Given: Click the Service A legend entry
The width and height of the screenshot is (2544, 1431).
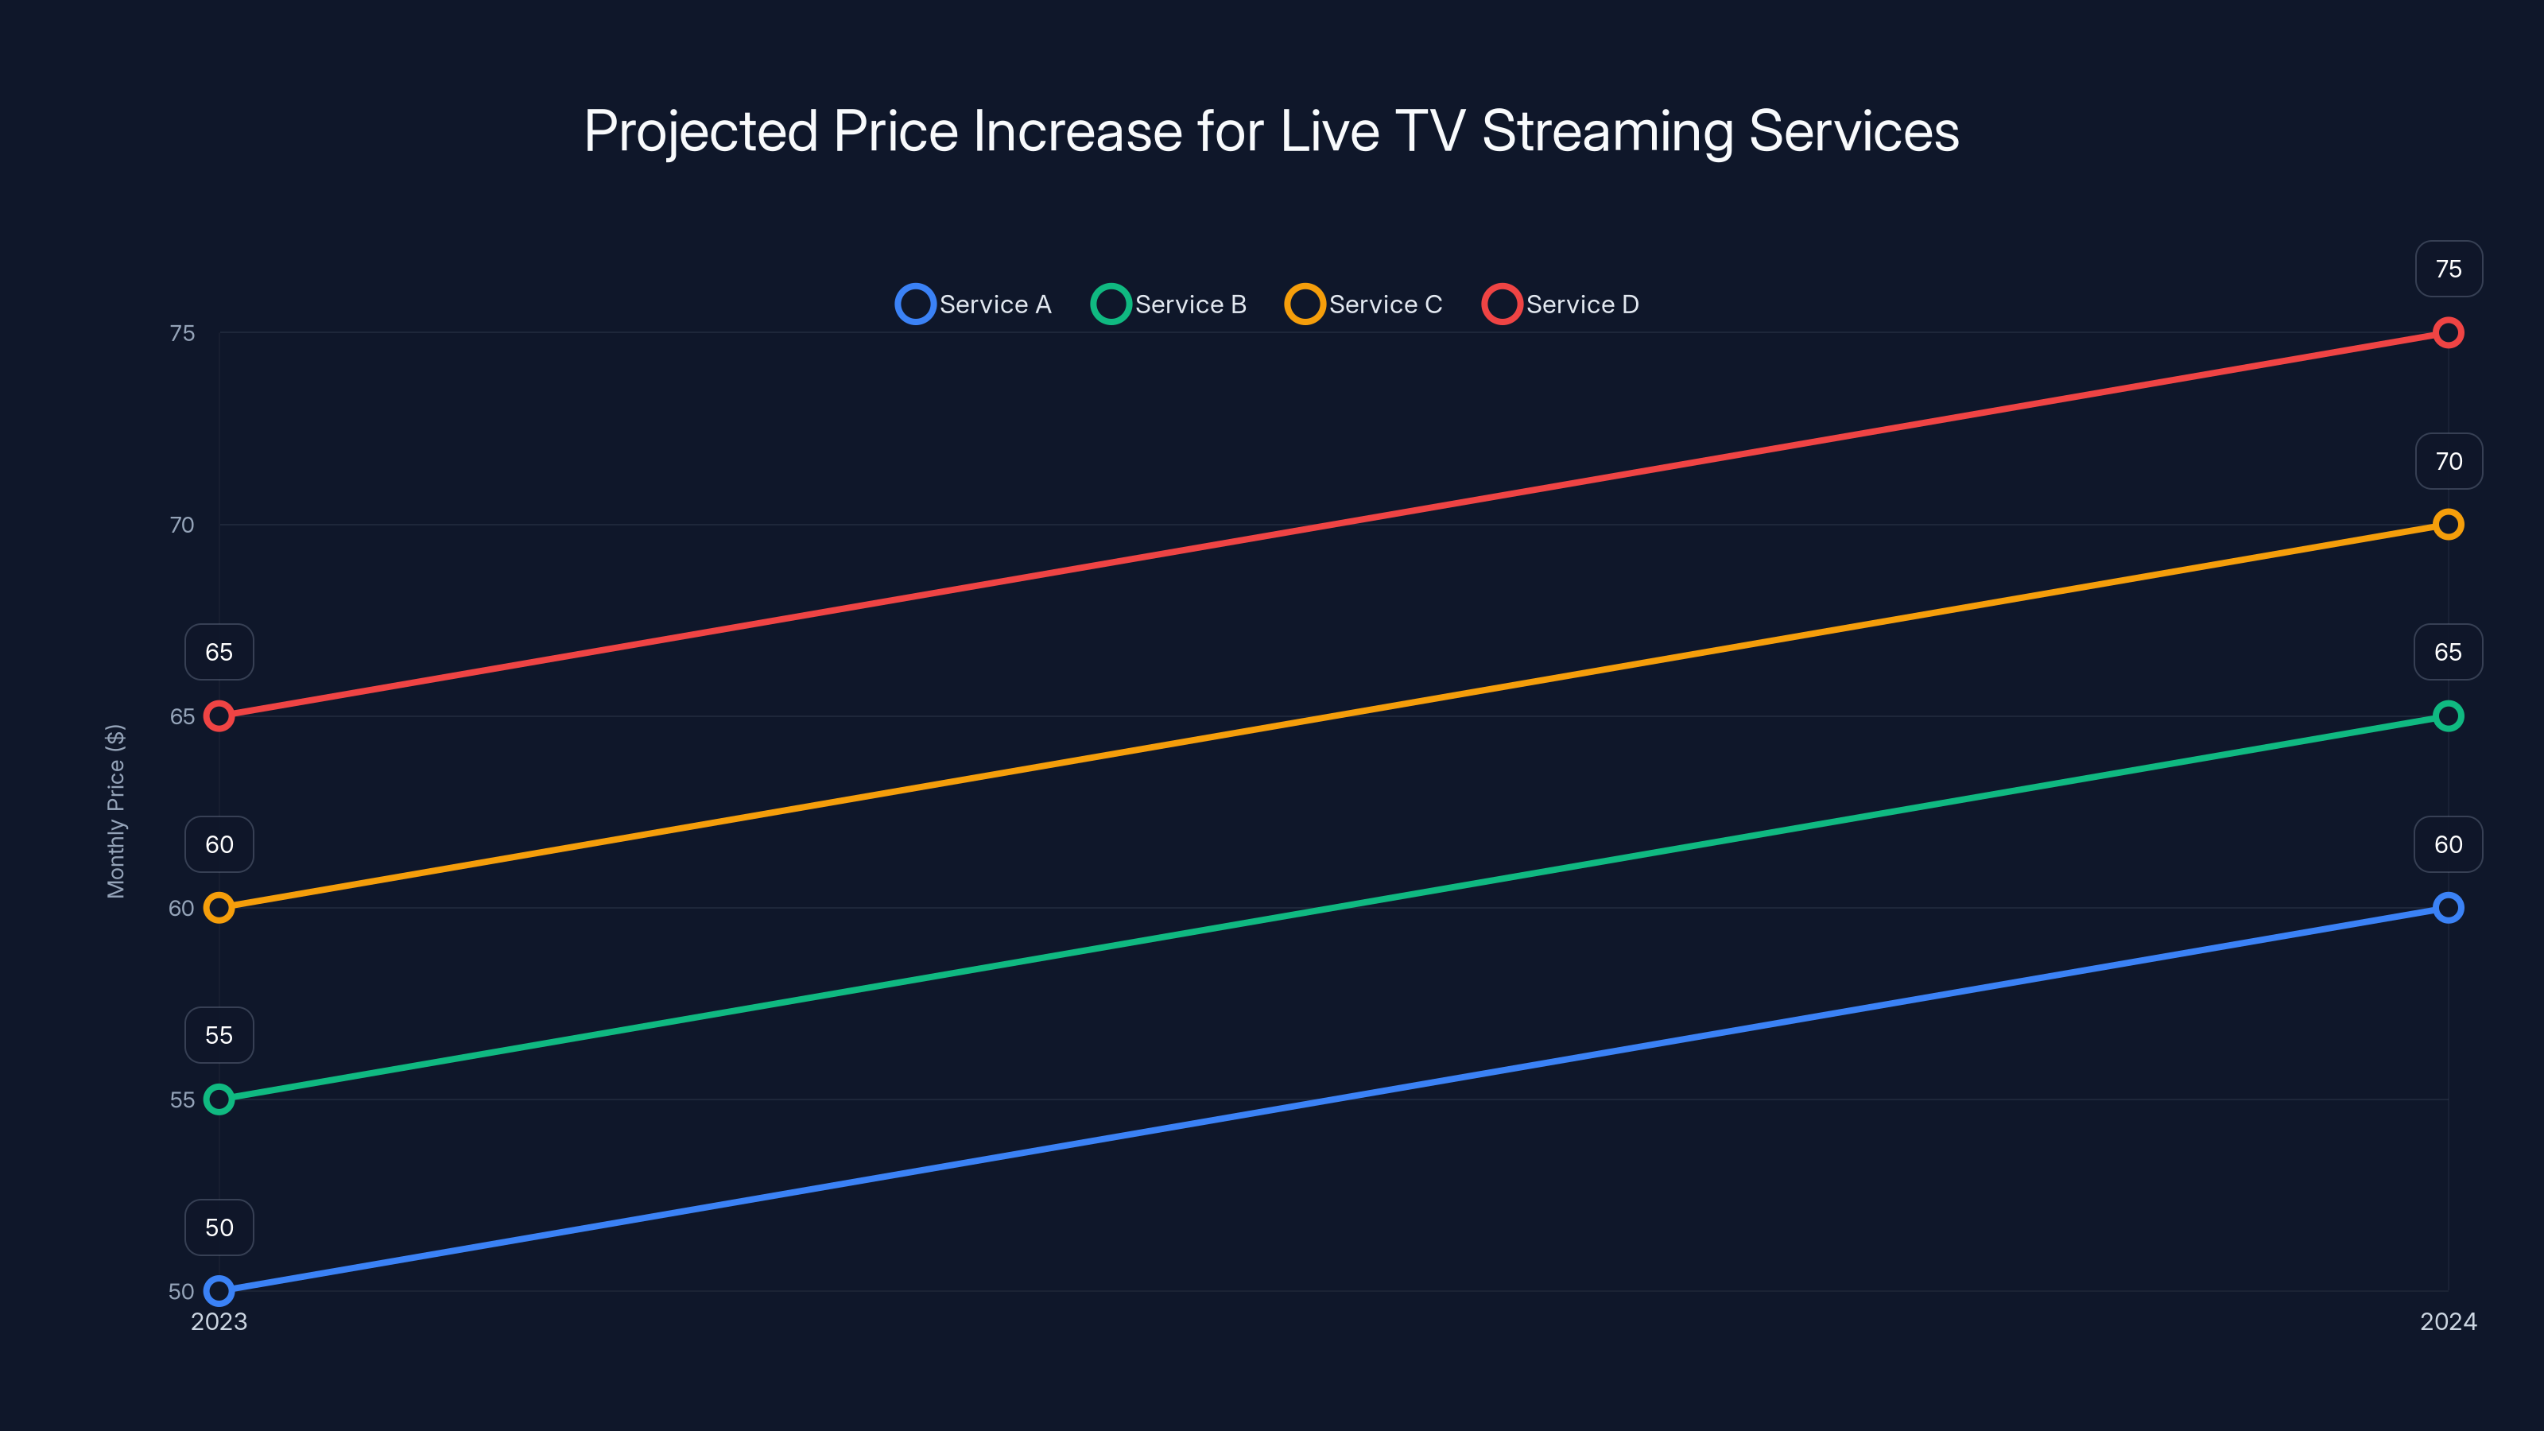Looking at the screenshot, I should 974,304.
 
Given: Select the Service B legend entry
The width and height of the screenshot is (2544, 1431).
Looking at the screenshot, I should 1169,304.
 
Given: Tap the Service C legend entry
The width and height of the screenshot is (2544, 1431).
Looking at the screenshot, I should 1364,304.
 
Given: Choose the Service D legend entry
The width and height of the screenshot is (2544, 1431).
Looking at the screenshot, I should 1561,304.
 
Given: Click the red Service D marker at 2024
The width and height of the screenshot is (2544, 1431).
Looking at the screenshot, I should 2447,333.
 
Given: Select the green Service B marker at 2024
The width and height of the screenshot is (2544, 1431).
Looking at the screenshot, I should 2447,716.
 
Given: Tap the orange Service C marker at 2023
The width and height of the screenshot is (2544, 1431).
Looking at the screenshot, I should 219,908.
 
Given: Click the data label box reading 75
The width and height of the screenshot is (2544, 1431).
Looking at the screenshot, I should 2449,269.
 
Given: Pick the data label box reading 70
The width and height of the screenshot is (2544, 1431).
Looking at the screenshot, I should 2449,461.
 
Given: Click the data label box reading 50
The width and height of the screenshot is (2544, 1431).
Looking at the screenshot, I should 219,1227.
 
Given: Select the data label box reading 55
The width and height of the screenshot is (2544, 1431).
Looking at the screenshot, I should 219,1035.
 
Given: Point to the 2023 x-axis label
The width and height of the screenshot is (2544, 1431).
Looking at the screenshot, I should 219,1321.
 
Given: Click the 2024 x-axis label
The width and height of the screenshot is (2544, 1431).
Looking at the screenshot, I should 2447,1321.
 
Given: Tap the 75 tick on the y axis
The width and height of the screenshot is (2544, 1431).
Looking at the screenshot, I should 182,334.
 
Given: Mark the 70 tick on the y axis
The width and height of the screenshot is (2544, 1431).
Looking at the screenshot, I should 182,525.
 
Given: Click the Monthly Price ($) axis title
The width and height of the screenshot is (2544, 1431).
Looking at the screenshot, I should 115,811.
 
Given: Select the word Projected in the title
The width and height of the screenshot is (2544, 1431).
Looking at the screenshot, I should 700,131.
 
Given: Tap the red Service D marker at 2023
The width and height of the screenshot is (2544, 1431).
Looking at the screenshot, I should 219,716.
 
